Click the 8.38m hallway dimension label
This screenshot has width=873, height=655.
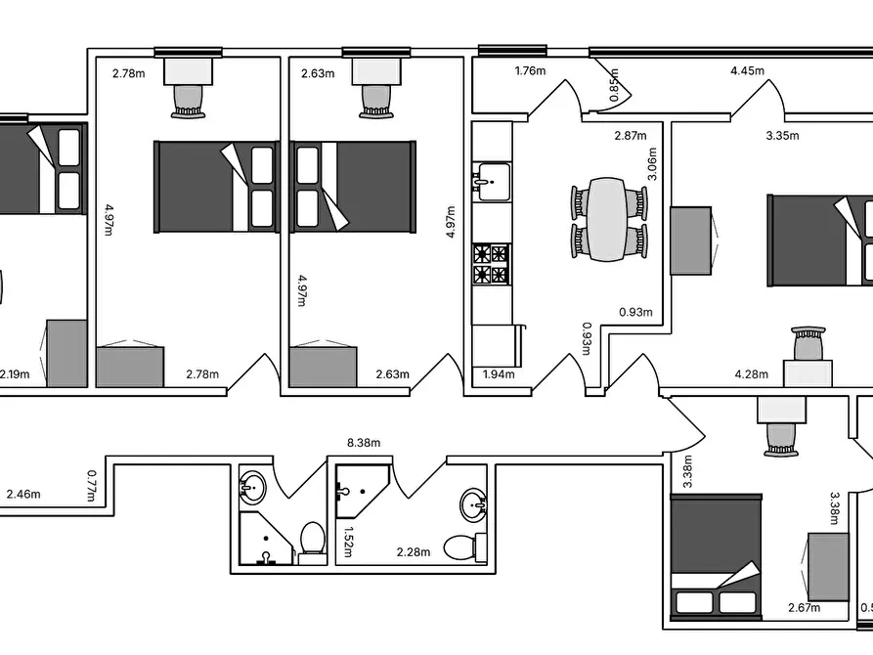pyautogui.click(x=364, y=443)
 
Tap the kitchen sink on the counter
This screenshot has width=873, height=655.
pyautogui.click(x=492, y=182)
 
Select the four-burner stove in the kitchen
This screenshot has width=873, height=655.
pyautogui.click(x=492, y=264)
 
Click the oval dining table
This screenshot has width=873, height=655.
pyautogui.click(x=608, y=219)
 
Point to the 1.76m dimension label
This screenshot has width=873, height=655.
pyautogui.click(x=530, y=70)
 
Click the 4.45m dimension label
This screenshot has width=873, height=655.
pyautogui.click(x=747, y=70)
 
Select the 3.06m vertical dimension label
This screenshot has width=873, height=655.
pyautogui.click(x=652, y=164)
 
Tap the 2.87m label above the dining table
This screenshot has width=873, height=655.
pyautogui.click(x=631, y=135)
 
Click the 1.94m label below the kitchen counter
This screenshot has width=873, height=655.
pyautogui.click(x=499, y=374)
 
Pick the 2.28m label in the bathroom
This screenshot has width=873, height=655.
pyautogui.click(x=414, y=552)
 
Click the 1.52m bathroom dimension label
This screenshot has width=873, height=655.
pyautogui.click(x=348, y=542)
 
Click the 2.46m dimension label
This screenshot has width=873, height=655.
pyautogui.click(x=23, y=494)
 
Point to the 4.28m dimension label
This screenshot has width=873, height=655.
pyautogui.click(x=751, y=374)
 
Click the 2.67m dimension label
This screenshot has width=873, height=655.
pyautogui.click(x=804, y=608)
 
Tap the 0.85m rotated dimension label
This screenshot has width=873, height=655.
pyautogui.click(x=614, y=85)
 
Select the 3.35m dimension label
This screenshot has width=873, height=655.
pyautogui.click(x=782, y=135)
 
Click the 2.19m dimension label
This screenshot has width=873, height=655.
pyautogui.click(x=15, y=374)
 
